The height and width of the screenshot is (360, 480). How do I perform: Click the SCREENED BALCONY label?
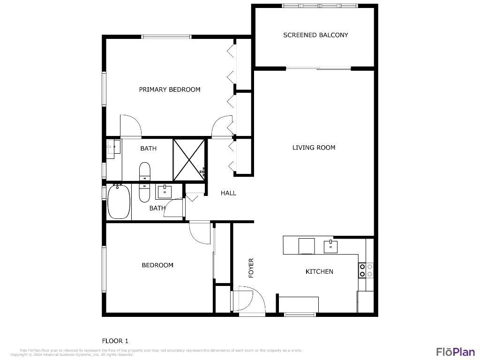point(315,35)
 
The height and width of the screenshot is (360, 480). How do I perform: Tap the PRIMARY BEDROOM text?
point(169,90)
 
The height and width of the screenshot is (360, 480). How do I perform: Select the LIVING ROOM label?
point(314,148)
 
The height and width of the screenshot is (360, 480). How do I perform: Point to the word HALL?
point(228,193)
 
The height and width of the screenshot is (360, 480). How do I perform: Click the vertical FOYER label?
point(251,268)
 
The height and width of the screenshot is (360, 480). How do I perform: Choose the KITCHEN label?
point(319,272)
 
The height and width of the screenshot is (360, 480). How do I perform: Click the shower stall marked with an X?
point(189,160)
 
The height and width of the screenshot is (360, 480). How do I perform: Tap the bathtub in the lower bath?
point(119,202)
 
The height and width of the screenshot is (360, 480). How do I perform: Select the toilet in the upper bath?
point(144,171)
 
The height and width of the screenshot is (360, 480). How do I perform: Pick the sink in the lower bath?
point(164,192)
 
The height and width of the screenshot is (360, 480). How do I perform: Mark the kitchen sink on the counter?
point(331,246)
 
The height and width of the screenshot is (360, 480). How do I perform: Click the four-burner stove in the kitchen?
point(366,270)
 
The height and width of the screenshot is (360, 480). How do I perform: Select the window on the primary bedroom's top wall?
point(166,37)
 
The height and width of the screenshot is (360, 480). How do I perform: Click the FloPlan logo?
point(455,352)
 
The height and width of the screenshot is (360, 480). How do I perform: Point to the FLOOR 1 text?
point(115,341)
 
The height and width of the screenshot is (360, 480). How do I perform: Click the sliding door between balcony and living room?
point(318,69)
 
